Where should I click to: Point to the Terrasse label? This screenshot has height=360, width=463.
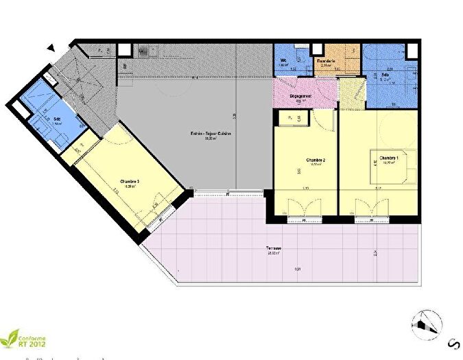coord(257,248)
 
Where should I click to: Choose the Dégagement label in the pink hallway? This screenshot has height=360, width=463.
coord(301,96)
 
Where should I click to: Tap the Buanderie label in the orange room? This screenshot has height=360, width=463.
coord(325,61)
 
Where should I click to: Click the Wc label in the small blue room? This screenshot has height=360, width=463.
coord(283,61)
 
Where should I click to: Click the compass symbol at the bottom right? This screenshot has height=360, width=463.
coord(427,322)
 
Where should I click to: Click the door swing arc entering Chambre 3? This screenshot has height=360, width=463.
coord(115,137)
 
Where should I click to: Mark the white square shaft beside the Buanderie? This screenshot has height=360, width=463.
coord(316,49)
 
